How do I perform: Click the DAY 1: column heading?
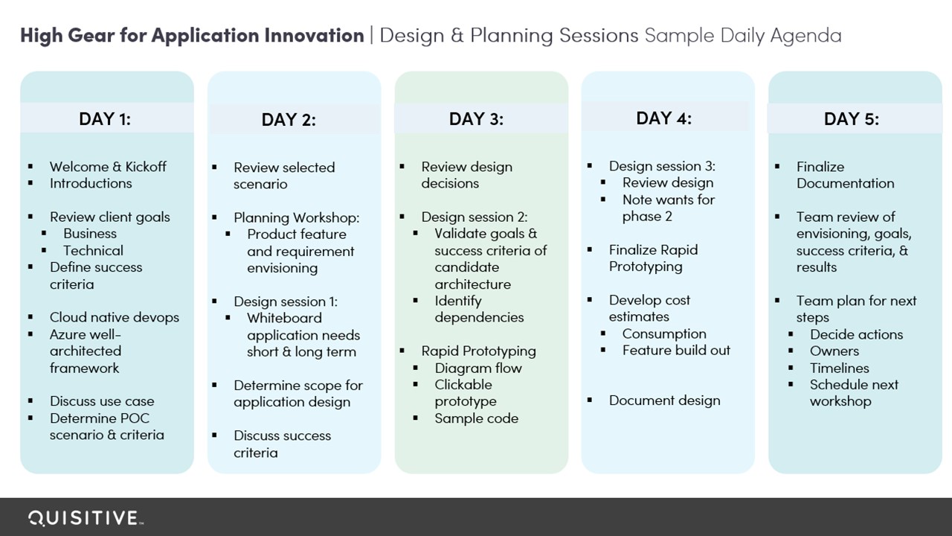(105, 118)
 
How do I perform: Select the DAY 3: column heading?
(476, 118)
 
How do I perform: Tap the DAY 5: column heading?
(852, 118)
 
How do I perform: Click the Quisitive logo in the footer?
(86, 518)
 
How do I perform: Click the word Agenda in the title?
(805, 36)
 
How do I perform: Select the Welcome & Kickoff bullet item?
(108, 166)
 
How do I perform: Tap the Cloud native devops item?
(115, 317)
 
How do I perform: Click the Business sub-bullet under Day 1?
(90, 234)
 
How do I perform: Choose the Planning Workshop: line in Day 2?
(296, 218)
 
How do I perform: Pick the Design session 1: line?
(286, 301)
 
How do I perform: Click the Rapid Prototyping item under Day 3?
(478, 351)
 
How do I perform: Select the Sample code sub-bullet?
(477, 418)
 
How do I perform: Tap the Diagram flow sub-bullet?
(478, 368)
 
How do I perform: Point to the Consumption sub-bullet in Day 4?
(664, 334)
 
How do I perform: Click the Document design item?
(664, 401)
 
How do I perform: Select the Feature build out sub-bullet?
(676, 350)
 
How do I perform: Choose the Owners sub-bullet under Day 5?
(834, 351)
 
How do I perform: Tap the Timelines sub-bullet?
(840, 368)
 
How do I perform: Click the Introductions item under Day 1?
(91, 183)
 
